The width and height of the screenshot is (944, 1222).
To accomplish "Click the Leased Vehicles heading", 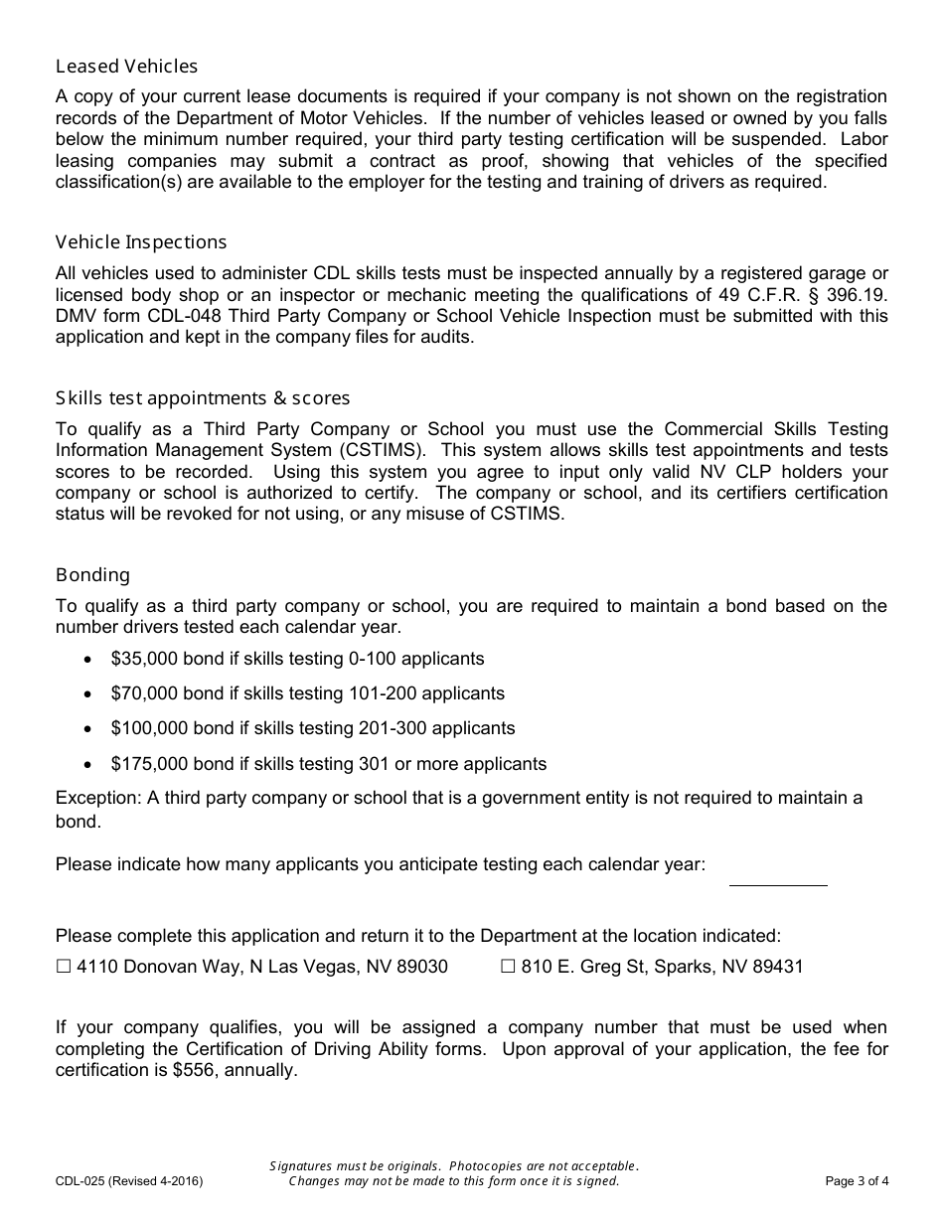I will [x=126, y=67].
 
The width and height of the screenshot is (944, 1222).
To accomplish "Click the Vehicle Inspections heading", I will [x=141, y=242].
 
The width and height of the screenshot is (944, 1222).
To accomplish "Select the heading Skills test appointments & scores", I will [x=203, y=398].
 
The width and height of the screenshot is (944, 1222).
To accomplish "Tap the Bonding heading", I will [x=92, y=575].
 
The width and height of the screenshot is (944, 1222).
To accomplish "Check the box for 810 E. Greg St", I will [x=508, y=967].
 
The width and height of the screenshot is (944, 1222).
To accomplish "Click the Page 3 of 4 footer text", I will [x=857, y=1181].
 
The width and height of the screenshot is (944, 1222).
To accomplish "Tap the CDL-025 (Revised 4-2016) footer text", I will [x=128, y=1181].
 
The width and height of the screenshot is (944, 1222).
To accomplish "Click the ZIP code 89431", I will [x=778, y=967].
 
